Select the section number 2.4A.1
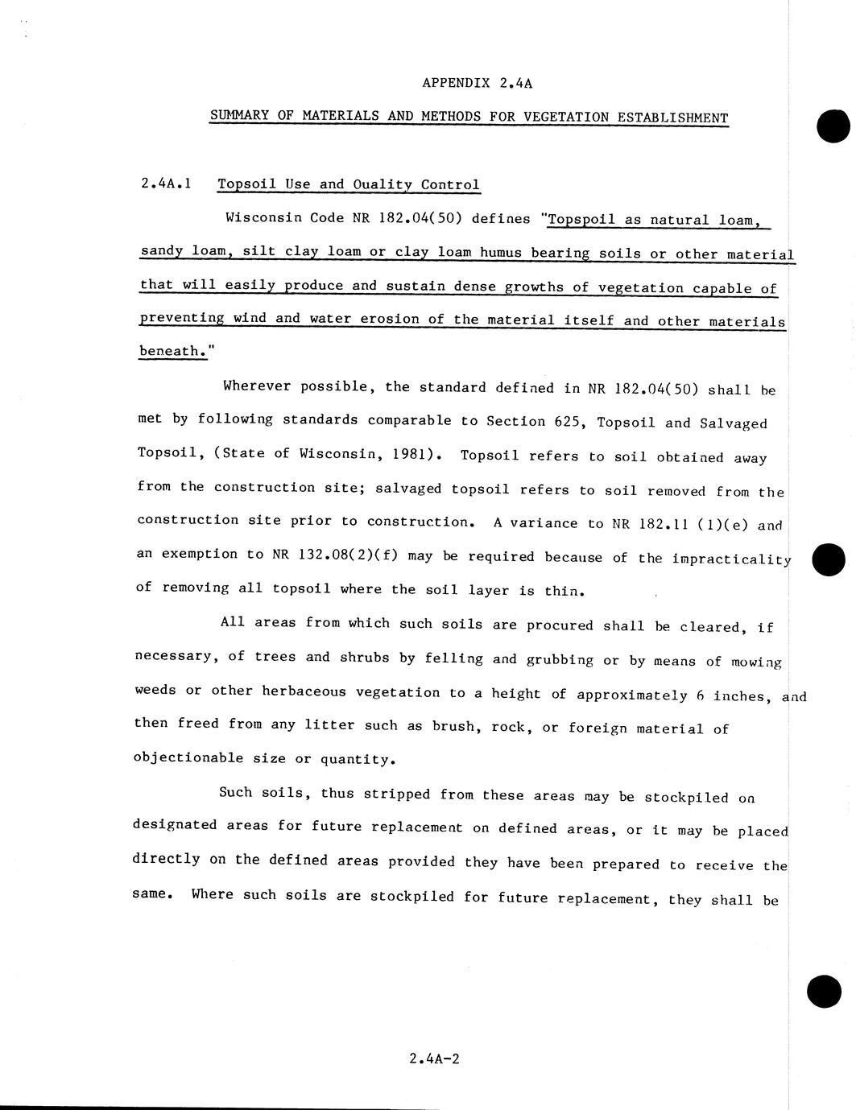point(166,184)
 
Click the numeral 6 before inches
point(701,695)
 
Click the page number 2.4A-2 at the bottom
point(434,1058)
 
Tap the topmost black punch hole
point(833,126)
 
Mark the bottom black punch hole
point(824,991)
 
